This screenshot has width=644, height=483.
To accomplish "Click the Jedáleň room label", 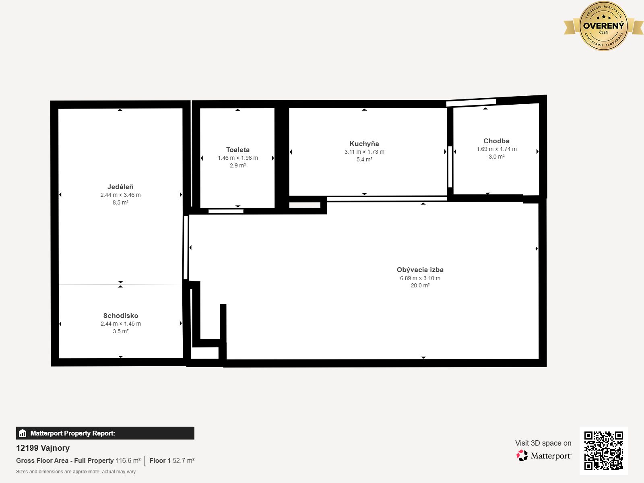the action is [120, 187].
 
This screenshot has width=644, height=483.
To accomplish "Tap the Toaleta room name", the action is [237, 150].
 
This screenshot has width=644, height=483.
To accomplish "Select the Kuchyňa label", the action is [364, 144].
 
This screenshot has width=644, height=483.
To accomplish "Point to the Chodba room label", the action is [496, 141].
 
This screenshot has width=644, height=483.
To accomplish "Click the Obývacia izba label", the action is [420, 270].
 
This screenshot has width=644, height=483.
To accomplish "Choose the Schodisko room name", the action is [121, 316].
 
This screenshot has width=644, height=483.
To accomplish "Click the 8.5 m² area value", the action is [120, 202].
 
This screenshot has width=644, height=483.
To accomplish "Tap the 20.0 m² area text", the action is [420, 285].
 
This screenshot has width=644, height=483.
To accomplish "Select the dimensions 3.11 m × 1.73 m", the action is [364, 152].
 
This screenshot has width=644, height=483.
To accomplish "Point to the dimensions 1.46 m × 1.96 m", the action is [237, 158].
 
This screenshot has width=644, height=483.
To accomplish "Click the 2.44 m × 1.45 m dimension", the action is [121, 324].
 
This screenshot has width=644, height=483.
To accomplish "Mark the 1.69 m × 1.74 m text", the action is [496, 149].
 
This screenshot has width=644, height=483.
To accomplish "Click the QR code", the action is [603, 451].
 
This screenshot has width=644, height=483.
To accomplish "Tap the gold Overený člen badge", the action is [603, 26].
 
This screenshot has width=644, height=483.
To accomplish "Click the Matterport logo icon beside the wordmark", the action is [522, 456].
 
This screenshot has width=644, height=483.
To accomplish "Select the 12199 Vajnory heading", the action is [43, 448].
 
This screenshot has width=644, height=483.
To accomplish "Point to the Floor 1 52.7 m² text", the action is [172, 460].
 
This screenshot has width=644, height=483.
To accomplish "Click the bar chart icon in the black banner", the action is [23, 433].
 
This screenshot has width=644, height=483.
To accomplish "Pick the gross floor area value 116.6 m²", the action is [128, 460].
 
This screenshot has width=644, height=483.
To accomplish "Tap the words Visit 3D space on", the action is [543, 443].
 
